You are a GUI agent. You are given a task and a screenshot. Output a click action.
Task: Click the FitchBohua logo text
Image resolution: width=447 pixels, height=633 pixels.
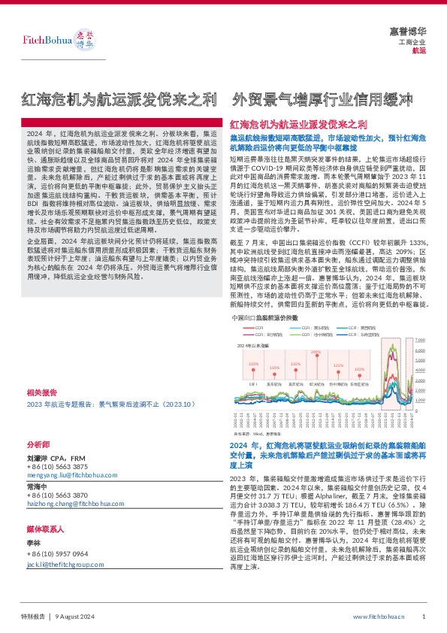[38, 38]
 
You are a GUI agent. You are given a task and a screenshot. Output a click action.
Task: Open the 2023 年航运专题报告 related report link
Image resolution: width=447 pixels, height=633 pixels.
[110, 404]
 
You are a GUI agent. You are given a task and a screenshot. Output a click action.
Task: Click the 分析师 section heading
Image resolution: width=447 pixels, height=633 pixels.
[37, 444]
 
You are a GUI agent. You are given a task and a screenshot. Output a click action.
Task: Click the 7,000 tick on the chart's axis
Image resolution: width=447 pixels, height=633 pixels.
[419, 341]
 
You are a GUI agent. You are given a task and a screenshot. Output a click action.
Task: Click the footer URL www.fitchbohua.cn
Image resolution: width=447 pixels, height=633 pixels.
[379, 616]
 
